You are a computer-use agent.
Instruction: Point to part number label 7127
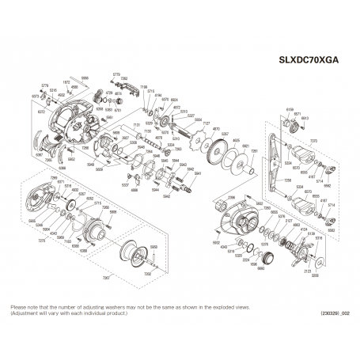(x=207, y=125)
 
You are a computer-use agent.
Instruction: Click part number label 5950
(x=153, y=247)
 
